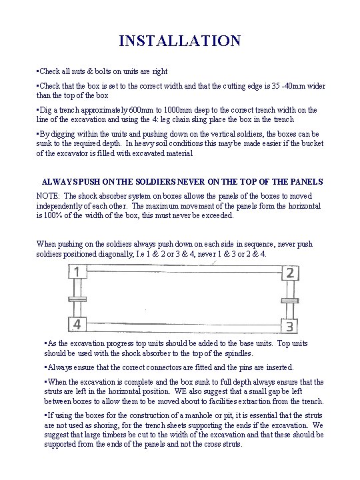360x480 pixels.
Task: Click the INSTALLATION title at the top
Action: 180,41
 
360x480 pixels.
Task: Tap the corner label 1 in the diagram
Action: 79,273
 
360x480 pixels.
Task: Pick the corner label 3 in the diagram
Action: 289,326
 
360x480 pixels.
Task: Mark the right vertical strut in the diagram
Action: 291,299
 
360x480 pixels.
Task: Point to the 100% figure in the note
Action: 53,215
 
